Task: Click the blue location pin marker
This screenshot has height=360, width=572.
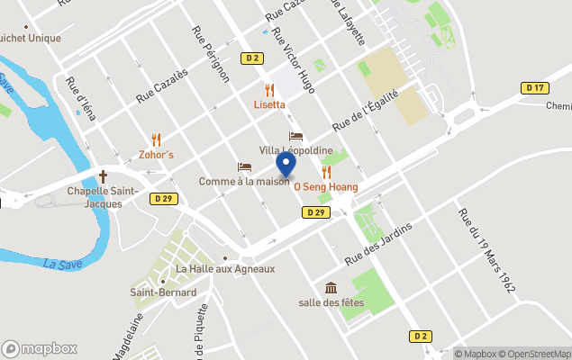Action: coord(286,165)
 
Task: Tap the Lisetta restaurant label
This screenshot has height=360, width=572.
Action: coord(268,104)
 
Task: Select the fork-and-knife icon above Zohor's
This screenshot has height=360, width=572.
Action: coord(156,139)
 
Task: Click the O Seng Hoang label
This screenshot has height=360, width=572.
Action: coord(326,187)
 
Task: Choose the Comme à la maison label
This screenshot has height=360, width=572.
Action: coord(244,182)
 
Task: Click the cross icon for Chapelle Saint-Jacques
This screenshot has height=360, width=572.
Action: coord(103,176)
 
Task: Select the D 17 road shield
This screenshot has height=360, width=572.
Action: coord(534,87)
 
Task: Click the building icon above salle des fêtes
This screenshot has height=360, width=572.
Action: coord(331,288)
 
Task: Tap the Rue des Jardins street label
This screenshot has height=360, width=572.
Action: coord(378,242)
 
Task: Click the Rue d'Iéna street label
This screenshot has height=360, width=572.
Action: coord(81,99)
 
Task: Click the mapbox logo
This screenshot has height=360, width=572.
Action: coord(40,348)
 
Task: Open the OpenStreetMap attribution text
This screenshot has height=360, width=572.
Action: coord(535,354)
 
